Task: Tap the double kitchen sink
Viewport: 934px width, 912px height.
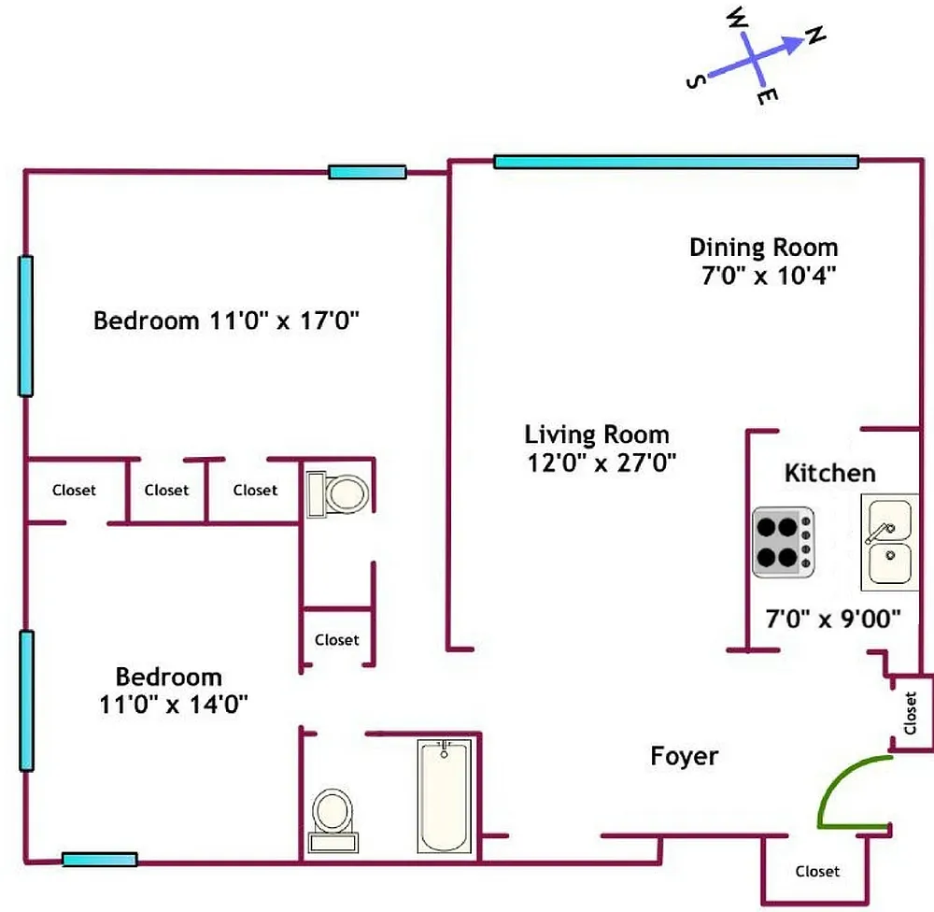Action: point(888,542)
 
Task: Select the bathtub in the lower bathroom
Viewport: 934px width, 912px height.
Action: point(447,795)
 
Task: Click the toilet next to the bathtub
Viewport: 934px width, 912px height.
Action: point(332,818)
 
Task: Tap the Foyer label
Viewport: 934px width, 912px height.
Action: point(685,756)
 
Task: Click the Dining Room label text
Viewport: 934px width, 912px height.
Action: point(763,248)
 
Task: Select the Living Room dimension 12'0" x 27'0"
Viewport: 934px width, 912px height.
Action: point(598,462)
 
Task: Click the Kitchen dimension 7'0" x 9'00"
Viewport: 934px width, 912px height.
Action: point(832,618)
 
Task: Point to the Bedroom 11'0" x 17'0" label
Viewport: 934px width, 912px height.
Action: point(227,321)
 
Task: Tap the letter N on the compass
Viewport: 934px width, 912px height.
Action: point(815,36)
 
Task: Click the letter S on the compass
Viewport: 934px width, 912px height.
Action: point(694,82)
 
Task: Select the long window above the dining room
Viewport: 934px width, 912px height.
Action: point(674,162)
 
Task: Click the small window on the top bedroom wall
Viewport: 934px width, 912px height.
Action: point(367,172)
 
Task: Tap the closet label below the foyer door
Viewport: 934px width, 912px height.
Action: point(817,871)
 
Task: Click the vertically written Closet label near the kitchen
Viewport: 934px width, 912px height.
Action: point(911,713)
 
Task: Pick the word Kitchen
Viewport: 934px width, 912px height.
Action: point(829,473)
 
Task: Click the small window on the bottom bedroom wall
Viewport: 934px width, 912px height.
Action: point(100,860)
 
